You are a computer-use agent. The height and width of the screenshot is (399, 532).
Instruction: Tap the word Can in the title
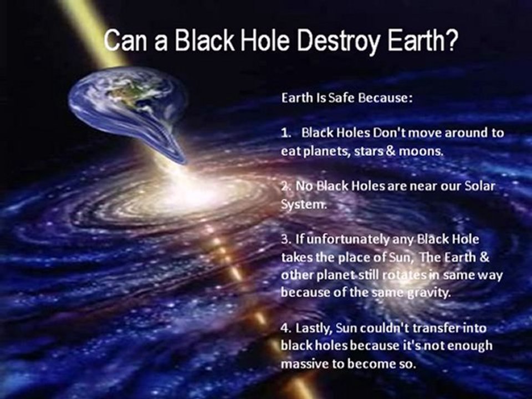(x=124, y=42)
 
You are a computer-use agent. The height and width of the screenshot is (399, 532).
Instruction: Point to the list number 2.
(x=285, y=187)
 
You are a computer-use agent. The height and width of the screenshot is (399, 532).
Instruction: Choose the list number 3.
(x=285, y=239)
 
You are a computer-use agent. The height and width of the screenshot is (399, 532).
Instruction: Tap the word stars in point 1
(x=377, y=151)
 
